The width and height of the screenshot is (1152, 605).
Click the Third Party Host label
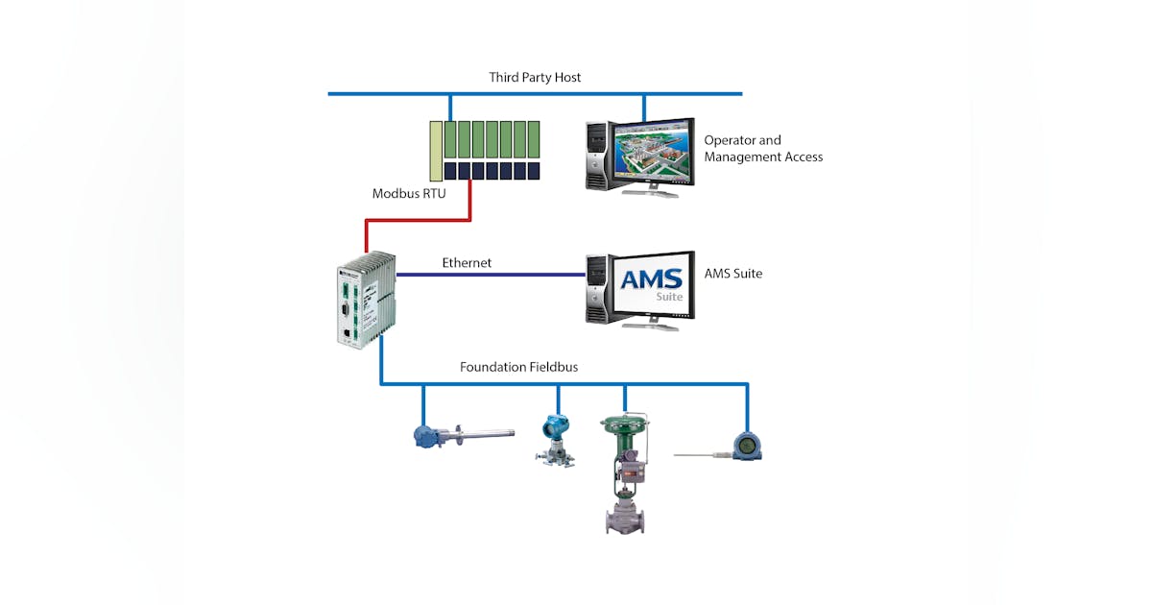point(535,77)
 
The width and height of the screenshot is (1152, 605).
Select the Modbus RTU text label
point(409,194)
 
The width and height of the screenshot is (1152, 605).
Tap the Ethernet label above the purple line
point(467,262)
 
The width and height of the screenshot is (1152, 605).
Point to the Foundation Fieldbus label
point(518,367)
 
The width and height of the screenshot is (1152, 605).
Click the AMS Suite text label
point(733,274)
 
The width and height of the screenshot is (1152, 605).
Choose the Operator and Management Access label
point(763,149)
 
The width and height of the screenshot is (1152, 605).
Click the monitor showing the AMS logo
point(652,286)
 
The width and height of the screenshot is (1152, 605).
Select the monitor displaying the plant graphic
point(652,153)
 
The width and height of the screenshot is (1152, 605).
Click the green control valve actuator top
point(624,423)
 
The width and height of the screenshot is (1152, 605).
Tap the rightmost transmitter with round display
point(746,445)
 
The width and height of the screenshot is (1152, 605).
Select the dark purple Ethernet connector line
point(490,275)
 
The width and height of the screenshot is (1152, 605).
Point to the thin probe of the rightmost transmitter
point(702,451)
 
